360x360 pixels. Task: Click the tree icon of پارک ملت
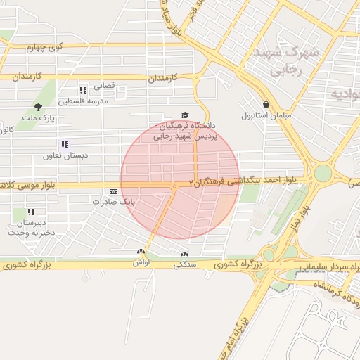pyautogui.click(x=38, y=107)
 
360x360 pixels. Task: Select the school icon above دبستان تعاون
pyautogui.click(x=65, y=144)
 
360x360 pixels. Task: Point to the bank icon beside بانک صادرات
pyautogui.click(x=114, y=191)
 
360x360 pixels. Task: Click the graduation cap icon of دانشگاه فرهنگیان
pyautogui.click(x=185, y=115)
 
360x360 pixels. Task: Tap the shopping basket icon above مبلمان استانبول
pyautogui.click(x=265, y=103)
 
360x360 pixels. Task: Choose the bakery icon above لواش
pyautogui.click(x=141, y=252)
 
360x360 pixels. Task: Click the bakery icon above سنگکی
pyautogui.click(x=184, y=255)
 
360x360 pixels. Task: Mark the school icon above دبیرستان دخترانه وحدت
pyautogui.click(x=31, y=212)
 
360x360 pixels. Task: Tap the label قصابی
pyautogui.click(x=103, y=86)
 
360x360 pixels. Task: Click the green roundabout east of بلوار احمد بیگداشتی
pyautogui.click(x=322, y=173)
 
